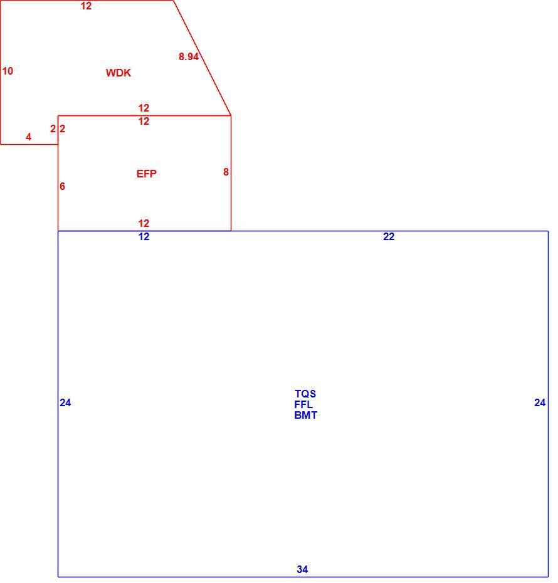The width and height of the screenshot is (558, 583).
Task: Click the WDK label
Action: [118, 73]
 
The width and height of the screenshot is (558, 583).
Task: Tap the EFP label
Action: [147, 174]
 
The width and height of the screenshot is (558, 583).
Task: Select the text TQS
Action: [305, 394]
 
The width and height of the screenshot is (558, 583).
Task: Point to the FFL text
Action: [303, 404]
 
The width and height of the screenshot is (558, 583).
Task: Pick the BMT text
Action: [305, 416]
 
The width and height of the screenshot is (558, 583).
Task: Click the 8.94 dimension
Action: [189, 56]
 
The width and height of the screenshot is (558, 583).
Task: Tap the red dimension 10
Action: [8, 71]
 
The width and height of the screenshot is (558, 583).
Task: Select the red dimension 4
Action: [29, 137]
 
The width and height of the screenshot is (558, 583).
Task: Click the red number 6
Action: [63, 186]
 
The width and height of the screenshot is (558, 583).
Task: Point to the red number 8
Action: [226, 172]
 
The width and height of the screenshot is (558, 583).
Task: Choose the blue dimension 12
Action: [144, 236]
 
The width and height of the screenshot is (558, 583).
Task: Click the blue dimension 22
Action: [389, 236]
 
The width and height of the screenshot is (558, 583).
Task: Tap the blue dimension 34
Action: [302, 569]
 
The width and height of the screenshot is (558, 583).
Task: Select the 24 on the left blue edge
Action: [65, 402]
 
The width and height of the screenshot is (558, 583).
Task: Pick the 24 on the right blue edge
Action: [540, 402]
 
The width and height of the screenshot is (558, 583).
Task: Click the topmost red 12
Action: [87, 6]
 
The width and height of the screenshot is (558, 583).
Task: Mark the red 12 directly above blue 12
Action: [144, 223]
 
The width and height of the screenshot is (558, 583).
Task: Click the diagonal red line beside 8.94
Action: [203, 58]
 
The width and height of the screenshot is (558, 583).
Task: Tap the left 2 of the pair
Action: [53, 129]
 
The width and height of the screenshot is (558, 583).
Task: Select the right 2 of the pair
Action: [63, 129]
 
